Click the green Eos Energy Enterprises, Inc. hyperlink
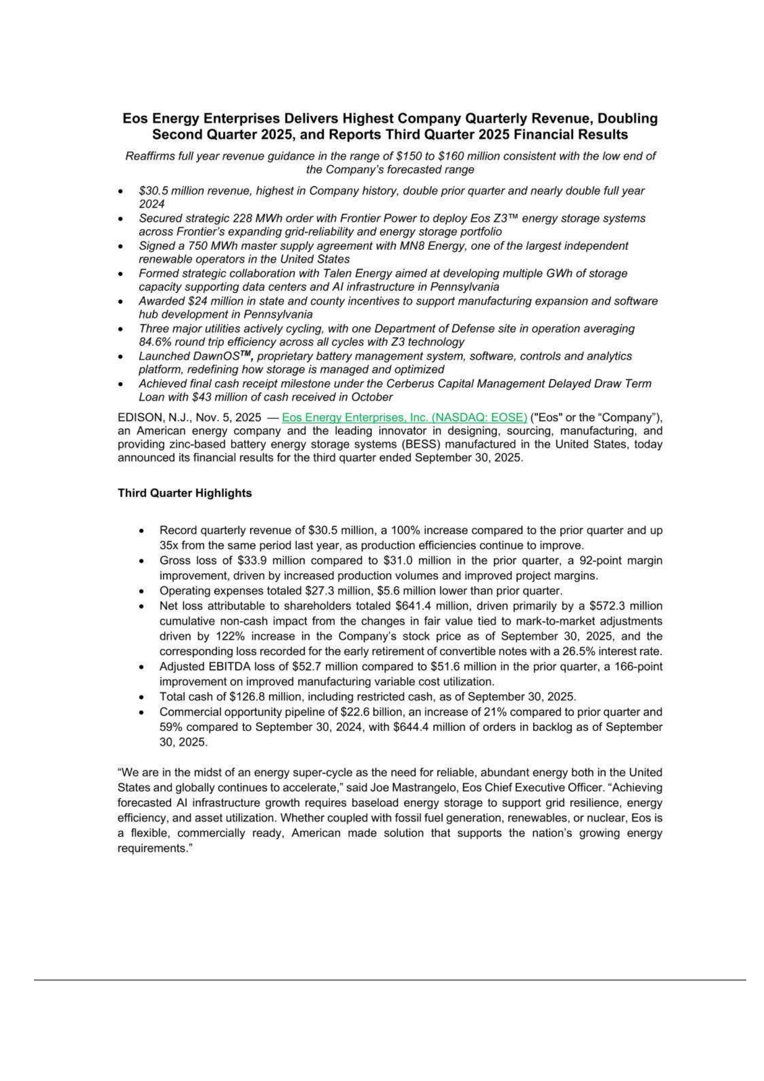tap(404, 417)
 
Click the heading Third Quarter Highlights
tap(184, 493)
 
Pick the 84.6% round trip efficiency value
tap(155, 342)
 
